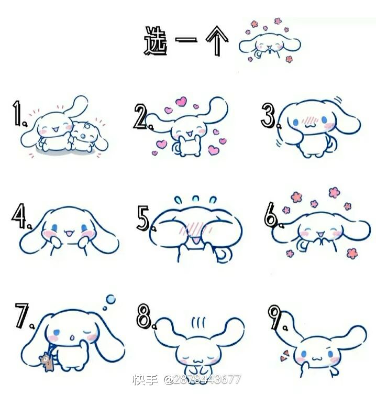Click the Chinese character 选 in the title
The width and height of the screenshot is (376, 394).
(x=156, y=41)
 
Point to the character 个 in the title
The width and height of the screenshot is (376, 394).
(x=217, y=40)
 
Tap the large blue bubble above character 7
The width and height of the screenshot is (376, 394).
(x=110, y=299)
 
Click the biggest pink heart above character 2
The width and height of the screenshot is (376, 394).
(x=181, y=101)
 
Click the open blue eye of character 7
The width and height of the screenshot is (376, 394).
(x=57, y=332)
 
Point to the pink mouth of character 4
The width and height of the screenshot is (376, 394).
(x=68, y=234)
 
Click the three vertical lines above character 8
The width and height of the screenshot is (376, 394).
(x=198, y=323)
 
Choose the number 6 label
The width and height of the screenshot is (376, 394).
(x=271, y=214)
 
